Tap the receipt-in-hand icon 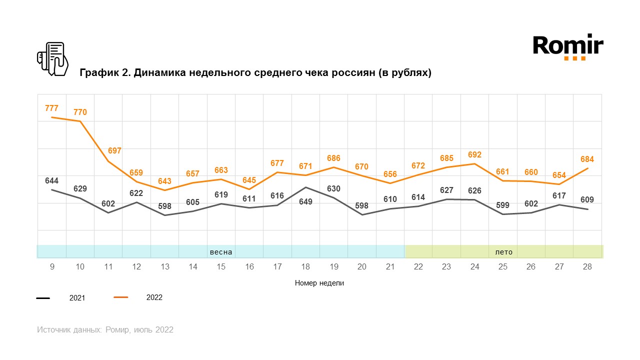52,58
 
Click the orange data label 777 51,108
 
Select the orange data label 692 474,155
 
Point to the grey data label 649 305,202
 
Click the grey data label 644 51,180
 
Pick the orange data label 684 587,159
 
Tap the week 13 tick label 164,267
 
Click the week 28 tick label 587,267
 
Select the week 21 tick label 390,267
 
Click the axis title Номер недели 319,283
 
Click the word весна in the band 221,252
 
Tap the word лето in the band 503,252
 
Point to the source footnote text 105,330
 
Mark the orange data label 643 164,181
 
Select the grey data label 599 502,204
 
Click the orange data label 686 333,158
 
